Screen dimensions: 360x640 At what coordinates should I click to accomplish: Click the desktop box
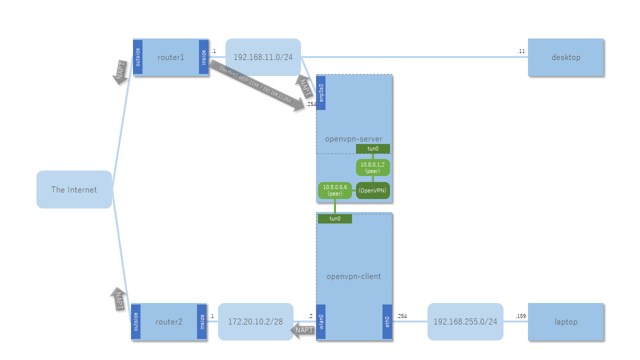coord(565,57)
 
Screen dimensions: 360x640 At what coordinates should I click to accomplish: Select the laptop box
coord(565,321)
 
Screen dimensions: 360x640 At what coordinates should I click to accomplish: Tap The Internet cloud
coord(74,189)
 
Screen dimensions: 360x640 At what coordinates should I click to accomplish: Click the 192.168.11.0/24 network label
coord(263,57)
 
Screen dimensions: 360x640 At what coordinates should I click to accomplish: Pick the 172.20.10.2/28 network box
coord(255,321)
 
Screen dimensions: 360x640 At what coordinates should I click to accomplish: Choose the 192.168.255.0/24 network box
coord(465,321)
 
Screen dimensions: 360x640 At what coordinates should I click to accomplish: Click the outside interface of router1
coord(138,57)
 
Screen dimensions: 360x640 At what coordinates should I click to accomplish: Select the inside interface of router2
coord(202,321)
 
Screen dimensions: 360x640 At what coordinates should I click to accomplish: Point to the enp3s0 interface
coord(321,92)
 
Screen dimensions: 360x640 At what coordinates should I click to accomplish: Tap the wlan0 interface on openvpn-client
coord(321,321)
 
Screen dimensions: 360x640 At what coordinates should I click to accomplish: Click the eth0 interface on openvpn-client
coord(387,321)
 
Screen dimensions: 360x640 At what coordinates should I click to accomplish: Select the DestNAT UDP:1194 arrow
coord(258,85)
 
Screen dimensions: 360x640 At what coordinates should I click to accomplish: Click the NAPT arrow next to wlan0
coord(303,330)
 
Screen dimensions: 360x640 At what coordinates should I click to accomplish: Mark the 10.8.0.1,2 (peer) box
coord(372,167)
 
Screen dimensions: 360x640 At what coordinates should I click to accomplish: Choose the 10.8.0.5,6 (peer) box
coord(335,190)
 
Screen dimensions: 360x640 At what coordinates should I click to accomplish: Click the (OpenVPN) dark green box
coord(372,190)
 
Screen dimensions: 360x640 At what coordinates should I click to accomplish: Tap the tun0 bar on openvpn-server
coord(372,148)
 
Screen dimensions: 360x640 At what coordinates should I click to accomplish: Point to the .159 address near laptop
coord(521,316)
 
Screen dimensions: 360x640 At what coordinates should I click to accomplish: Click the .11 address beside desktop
coord(521,51)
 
